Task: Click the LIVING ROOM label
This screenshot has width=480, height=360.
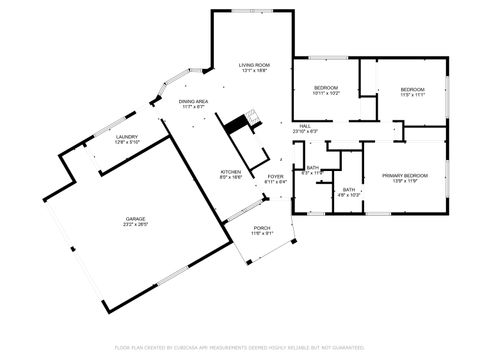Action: click(254, 65)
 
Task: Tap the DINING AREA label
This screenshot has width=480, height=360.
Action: click(193, 101)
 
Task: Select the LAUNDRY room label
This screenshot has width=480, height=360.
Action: click(126, 137)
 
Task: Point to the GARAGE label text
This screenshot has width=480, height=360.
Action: click(136, 218)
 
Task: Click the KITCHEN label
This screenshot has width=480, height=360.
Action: click(231, 171)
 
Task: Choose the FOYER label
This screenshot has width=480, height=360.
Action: click(275, 177)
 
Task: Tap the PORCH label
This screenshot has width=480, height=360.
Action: click(262, 227)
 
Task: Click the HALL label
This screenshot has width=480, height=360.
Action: click(305, 126)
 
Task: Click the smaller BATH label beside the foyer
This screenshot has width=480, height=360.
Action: click(313, 168)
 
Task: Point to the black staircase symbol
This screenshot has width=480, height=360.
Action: click(235, 124)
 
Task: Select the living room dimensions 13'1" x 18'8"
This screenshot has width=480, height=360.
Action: click(254, 71)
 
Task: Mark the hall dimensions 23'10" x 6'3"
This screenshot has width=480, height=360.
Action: click(305, 132)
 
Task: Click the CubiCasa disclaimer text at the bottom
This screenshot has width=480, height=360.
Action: click(240, 347)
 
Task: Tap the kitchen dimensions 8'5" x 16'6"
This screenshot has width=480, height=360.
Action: click(231, 177)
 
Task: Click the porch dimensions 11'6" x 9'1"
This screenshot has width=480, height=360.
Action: click(262, 233)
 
